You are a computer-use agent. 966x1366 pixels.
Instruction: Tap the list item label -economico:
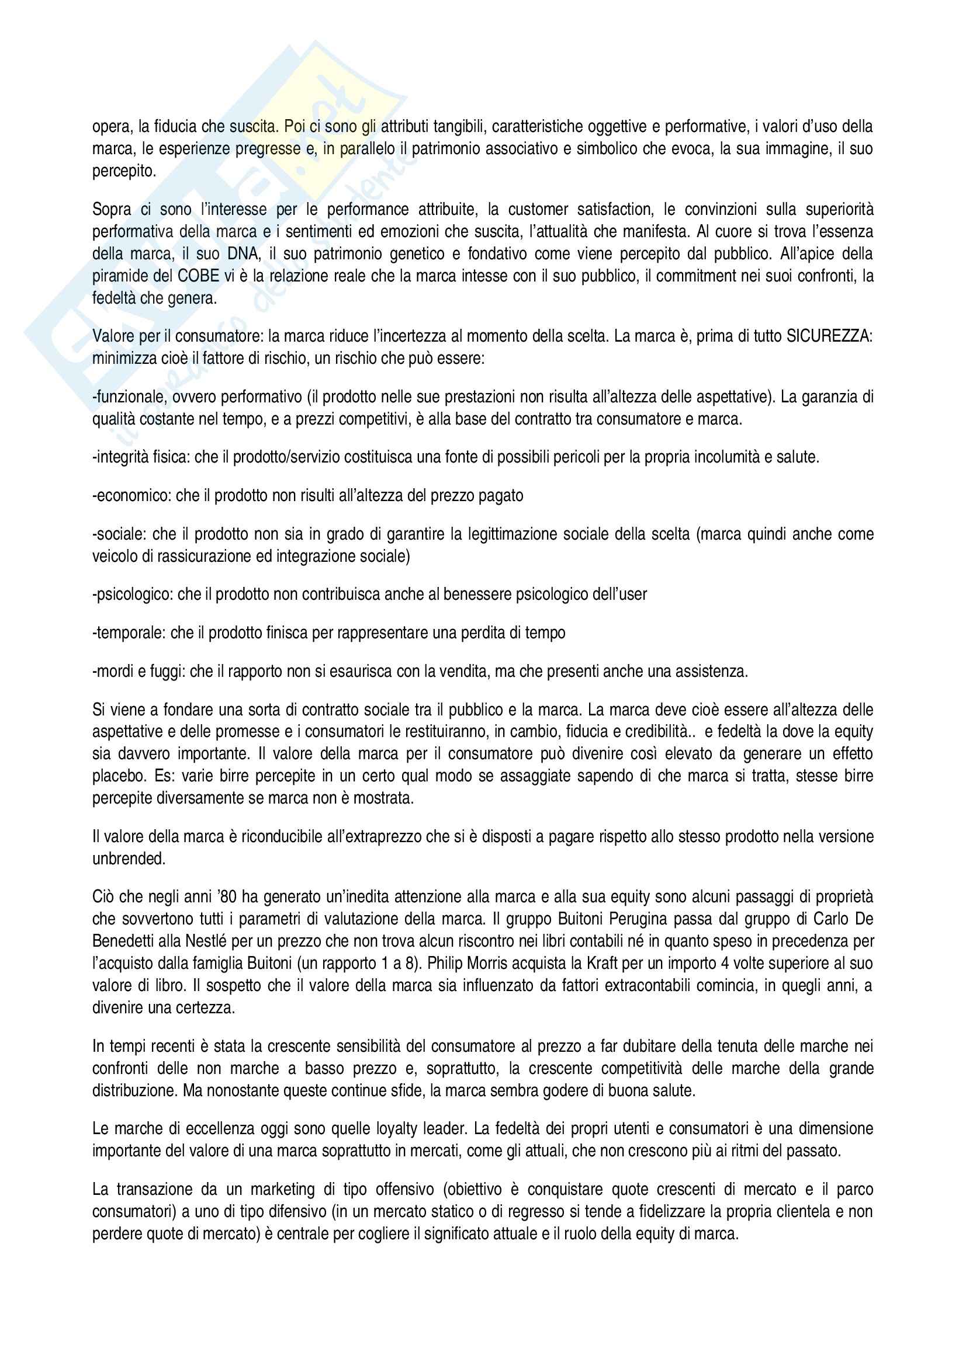pyautogui.click(x=131, y=496)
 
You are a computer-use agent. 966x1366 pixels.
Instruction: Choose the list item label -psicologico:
pyautogui.click(x=134, y=594)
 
